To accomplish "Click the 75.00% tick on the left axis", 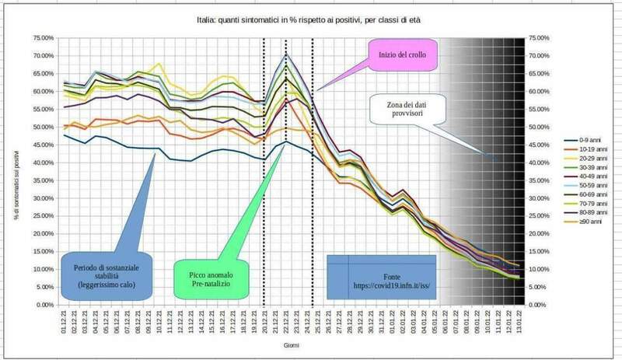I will (x=43, y=38).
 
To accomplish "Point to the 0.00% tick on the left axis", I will (x=44, y=305).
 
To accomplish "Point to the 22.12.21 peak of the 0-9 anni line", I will (x=288, y=142).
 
